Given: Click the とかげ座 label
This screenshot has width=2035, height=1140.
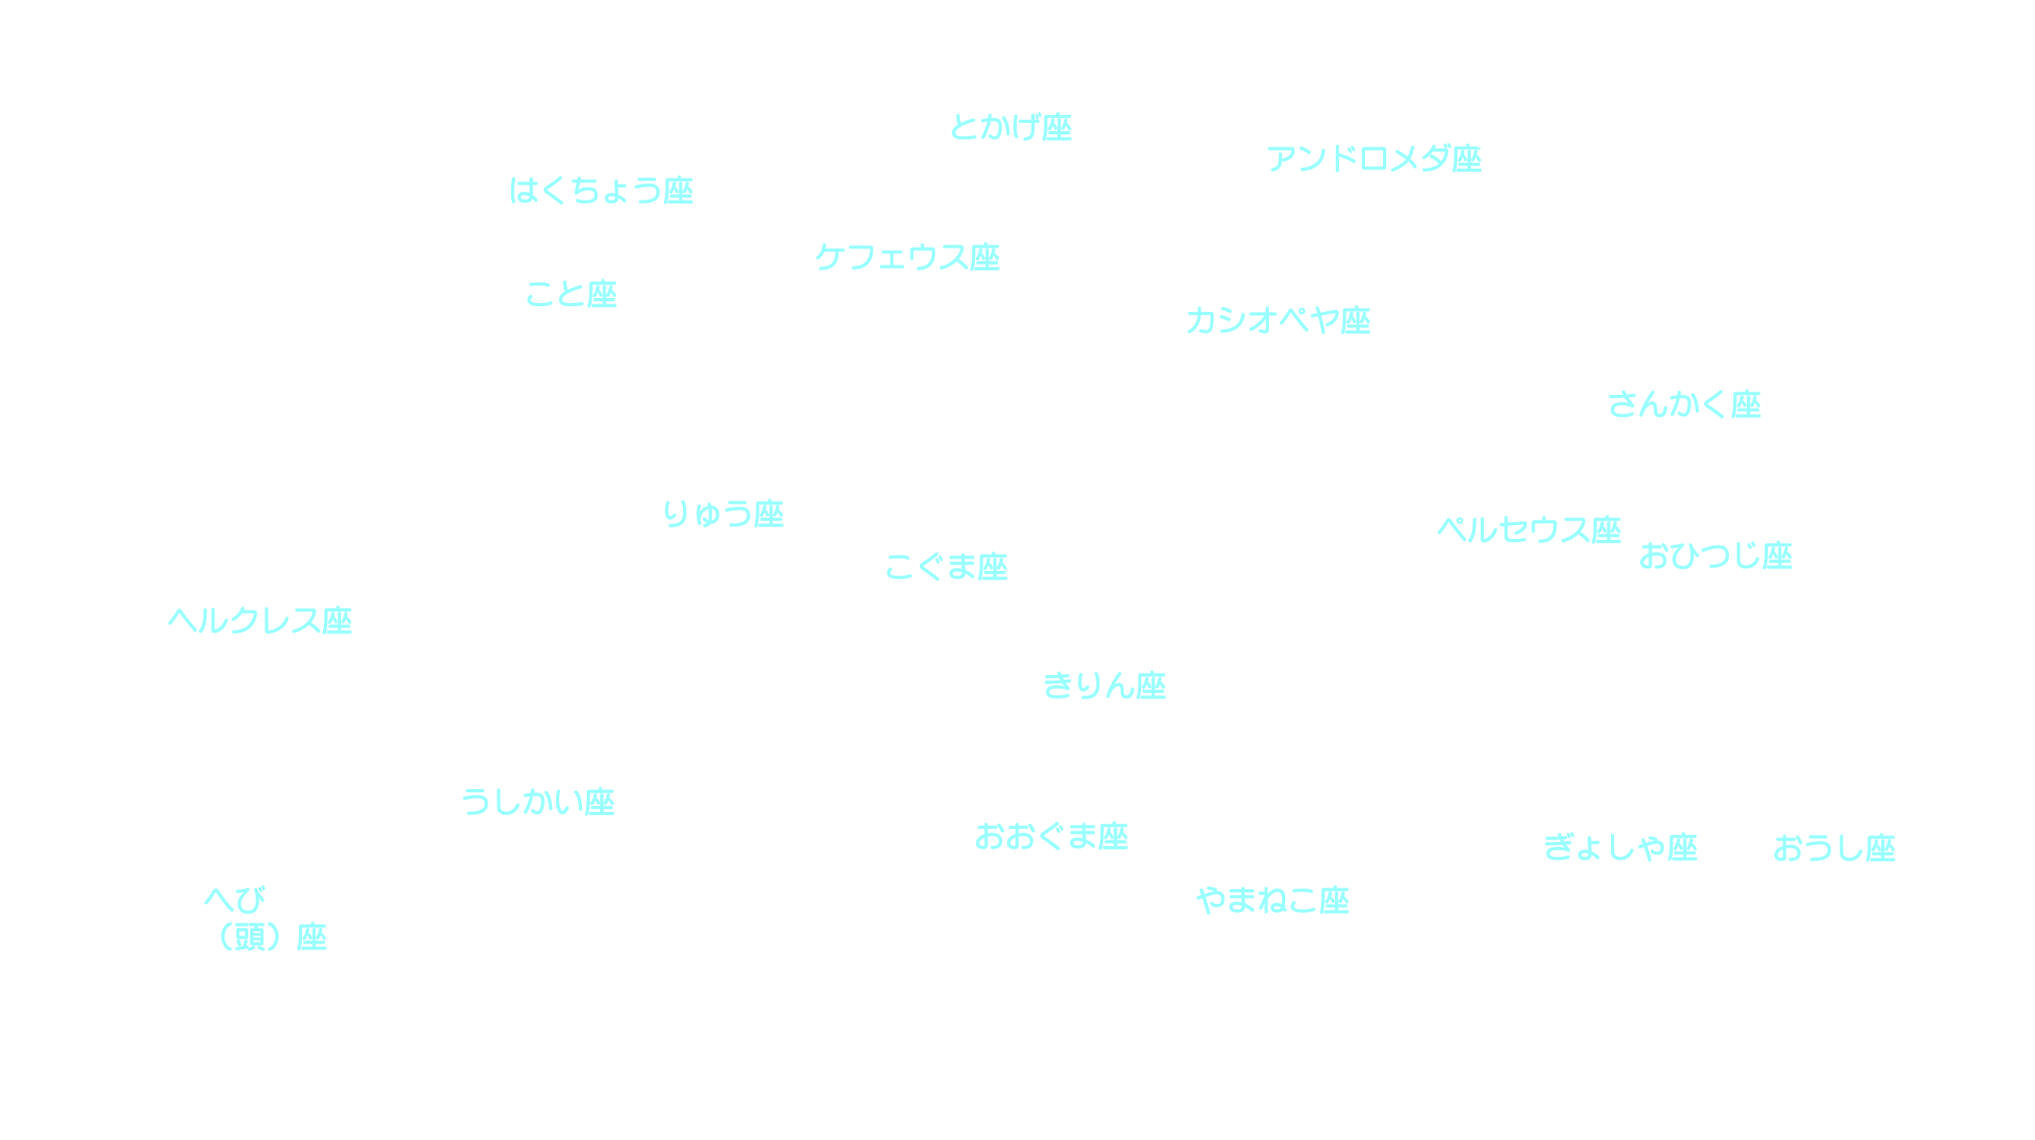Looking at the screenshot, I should point(1011,127).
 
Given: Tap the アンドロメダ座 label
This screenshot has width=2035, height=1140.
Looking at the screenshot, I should point(1374,159).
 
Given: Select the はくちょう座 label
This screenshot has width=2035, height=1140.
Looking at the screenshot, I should point(601,191).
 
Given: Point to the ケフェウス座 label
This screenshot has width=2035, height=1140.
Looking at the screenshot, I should point(907,257).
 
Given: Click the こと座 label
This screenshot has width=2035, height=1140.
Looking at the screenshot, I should point(571,294).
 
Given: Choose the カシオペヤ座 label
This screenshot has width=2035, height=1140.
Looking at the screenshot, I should point(1278,321).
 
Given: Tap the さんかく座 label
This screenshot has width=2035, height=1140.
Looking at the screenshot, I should point(1684,405).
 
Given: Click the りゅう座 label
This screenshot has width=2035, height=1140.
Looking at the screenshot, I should point(723,514).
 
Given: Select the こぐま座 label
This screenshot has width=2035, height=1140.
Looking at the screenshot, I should point(946,567).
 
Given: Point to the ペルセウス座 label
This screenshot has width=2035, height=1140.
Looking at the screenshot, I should point(1529,530).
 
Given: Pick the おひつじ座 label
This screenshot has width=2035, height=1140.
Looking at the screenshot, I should point(1716,556).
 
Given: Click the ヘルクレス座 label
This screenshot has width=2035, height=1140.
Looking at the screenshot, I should point(260,621).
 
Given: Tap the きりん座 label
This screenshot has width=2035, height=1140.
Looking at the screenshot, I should point(1105,686).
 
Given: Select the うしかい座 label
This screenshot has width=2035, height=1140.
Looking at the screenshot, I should point(538,802).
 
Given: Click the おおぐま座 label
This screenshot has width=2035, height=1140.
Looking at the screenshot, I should point(1052,836).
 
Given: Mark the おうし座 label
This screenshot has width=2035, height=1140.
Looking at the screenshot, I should point(1835,848).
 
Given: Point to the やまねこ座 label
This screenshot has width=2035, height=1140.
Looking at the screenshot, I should point(1273,901).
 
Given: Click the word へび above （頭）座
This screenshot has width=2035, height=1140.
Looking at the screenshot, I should point(235,900).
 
